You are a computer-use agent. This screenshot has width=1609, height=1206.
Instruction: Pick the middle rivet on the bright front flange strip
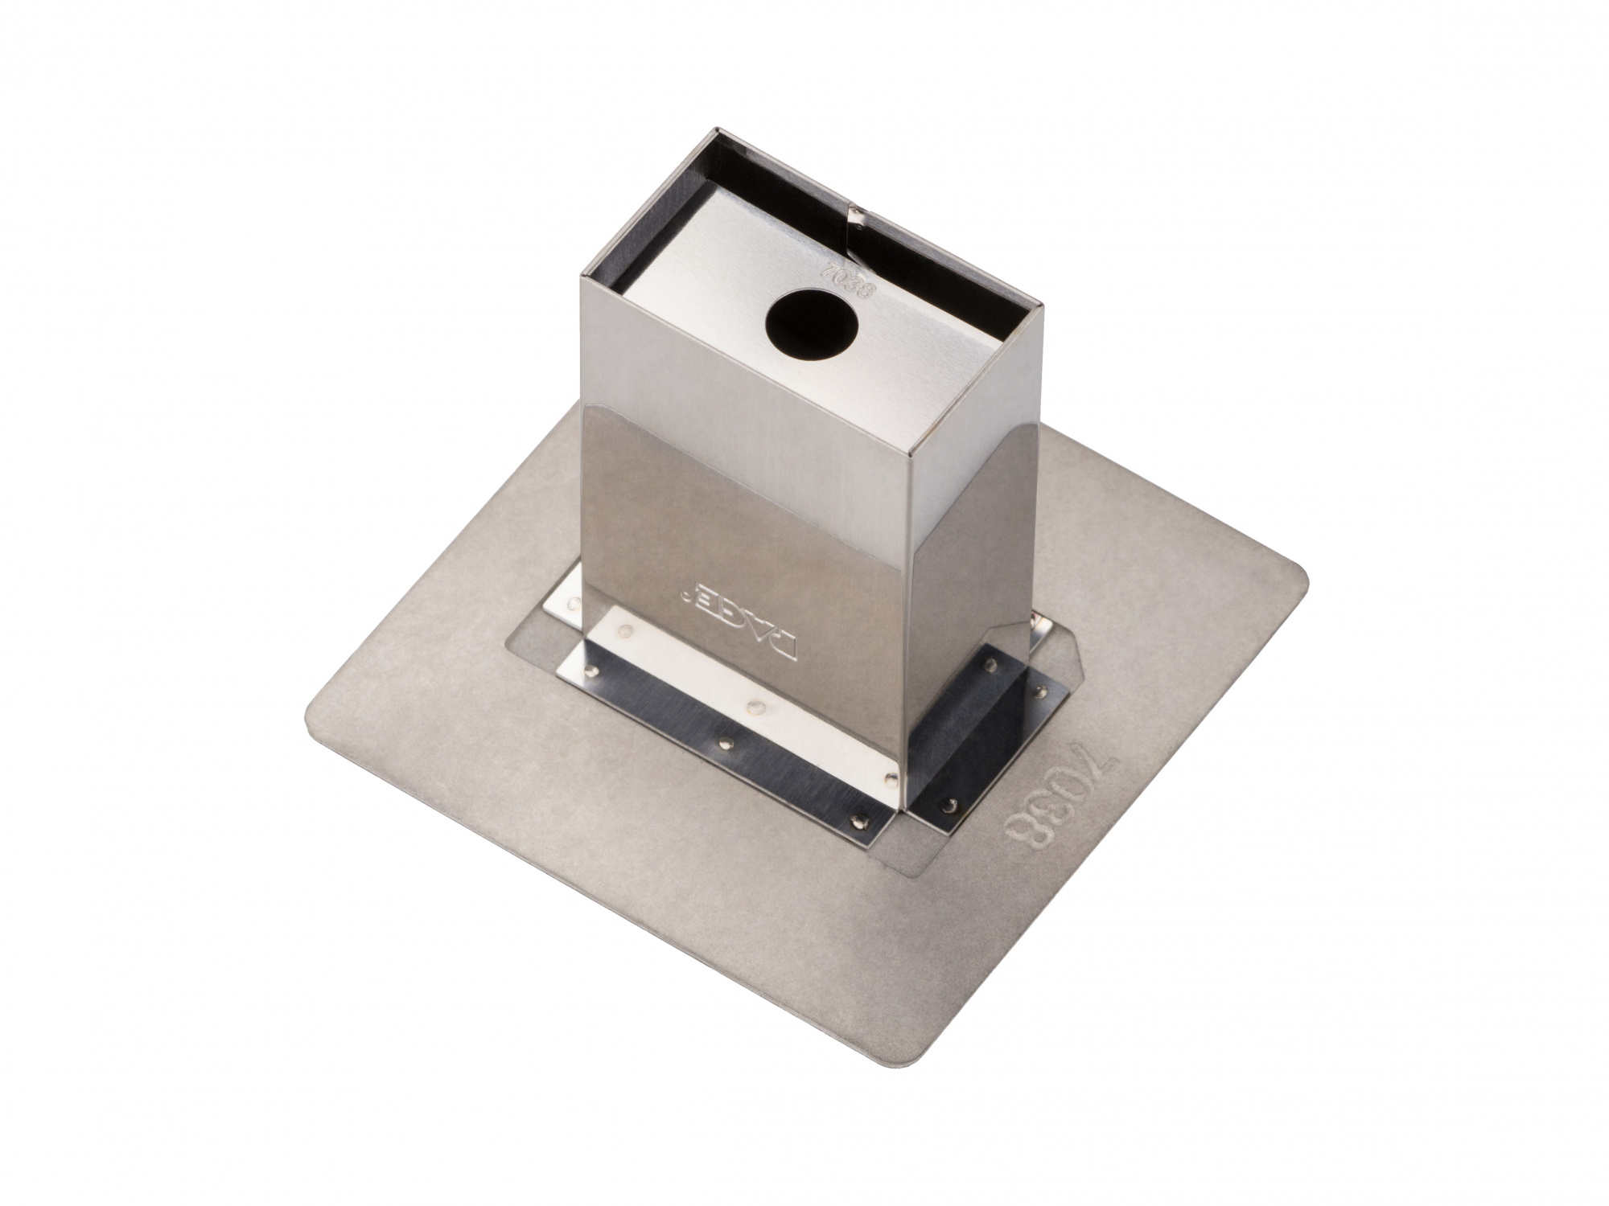[754, 707]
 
